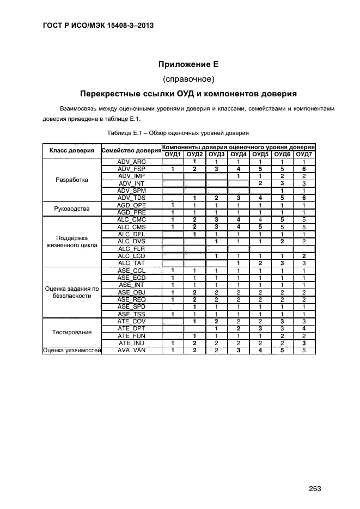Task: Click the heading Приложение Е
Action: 188,64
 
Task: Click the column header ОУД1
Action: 173,155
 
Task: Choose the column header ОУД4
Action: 239,155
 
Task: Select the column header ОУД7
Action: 304,155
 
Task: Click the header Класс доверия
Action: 72,151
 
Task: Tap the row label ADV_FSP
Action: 131,169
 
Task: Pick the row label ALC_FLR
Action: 131,249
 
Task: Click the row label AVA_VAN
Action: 131,350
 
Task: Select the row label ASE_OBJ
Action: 131,292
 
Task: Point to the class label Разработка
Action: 72,180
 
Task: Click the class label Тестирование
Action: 72,332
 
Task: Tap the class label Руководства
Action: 72,209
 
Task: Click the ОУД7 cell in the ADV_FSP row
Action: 304,169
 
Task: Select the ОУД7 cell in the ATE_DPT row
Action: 304,329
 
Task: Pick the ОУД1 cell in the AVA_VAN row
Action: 173,350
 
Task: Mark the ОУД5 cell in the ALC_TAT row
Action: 260,263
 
